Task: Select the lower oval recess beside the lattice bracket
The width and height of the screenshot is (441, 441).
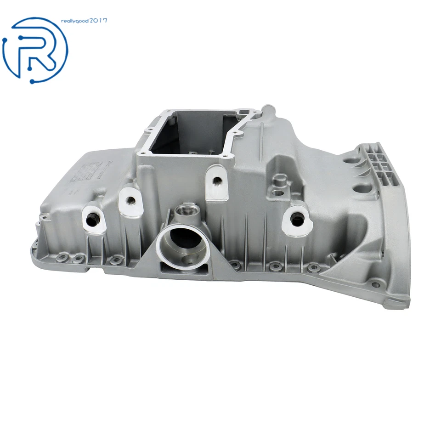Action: click(x=358, y=189)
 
